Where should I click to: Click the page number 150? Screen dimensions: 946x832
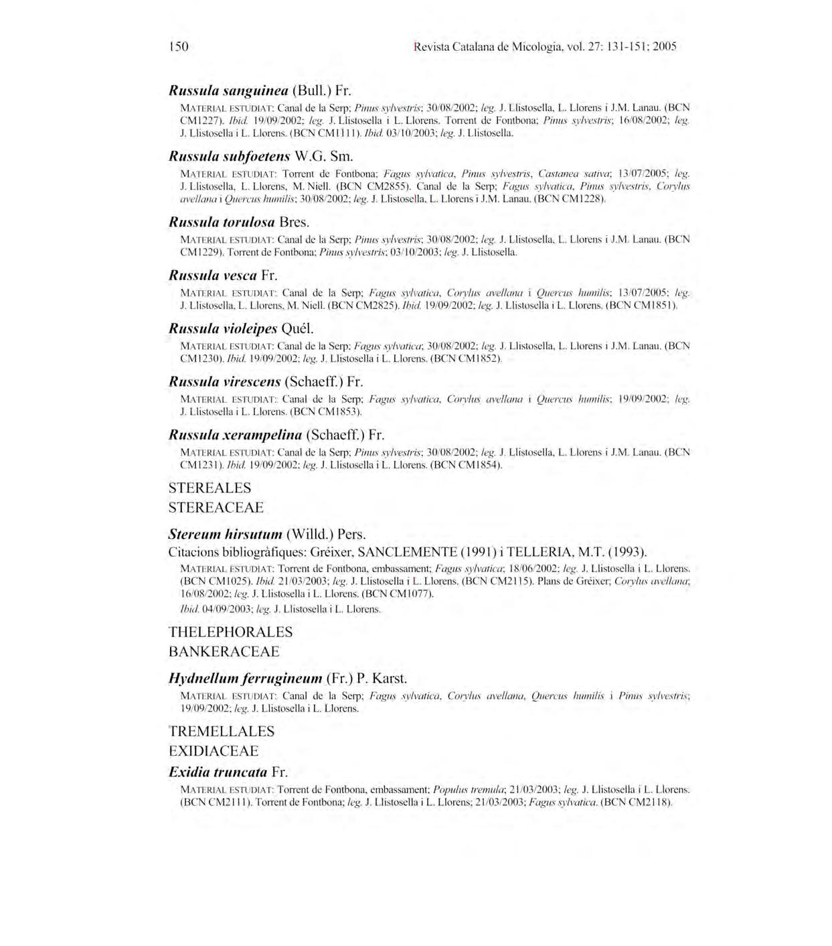[x=179, y=46]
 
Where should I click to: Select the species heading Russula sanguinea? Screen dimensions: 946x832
[x=228, y=90]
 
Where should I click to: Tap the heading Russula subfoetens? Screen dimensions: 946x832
[x=229, y=157]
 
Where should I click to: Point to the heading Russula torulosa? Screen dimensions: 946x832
[x=222, y=222]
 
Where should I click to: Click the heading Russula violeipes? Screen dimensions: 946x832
[x=222, y=329]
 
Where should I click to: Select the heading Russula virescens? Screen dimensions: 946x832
[x=224, y=382]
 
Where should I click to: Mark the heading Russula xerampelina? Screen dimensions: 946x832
[x=235, y=435]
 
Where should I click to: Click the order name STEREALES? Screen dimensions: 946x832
[x=210, y=488]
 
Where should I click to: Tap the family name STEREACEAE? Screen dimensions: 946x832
[x=216, y=507]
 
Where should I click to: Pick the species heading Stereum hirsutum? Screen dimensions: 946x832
[x=225, y=535]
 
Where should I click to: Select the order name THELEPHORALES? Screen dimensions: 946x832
[x=230, y=632]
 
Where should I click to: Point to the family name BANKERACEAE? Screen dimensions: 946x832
[x=224, y=651]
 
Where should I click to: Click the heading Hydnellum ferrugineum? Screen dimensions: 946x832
[x=245, y=678]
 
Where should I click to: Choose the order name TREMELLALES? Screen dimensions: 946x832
[x=222, y=731]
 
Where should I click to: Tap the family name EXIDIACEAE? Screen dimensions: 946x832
[x=213, y=750]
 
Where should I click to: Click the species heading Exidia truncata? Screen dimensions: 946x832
[x=218, y=772]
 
